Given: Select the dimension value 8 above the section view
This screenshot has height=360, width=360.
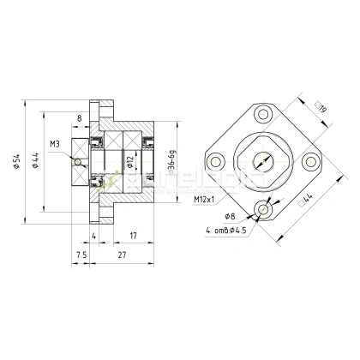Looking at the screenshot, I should pos(79,118).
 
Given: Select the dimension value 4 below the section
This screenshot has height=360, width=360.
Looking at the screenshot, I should pos(93,236).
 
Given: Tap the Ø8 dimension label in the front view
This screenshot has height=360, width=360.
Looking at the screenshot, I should pos(230,216).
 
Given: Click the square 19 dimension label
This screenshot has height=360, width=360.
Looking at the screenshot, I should pos(320,106).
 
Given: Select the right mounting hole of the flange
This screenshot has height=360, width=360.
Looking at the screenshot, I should pos(312,160).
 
